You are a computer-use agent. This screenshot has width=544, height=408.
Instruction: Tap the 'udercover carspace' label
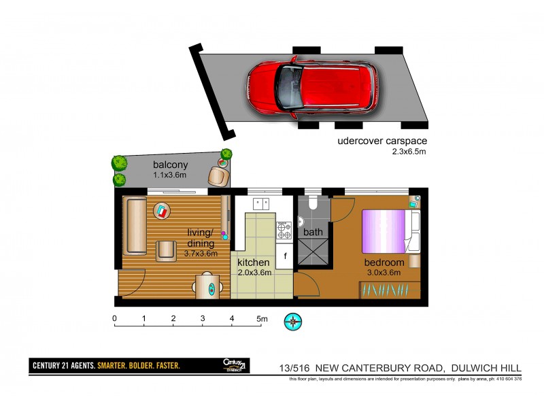coord(382,142)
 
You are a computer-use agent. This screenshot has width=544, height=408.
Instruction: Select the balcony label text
coord(170,165)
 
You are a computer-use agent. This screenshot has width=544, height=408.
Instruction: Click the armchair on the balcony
coord(218,177)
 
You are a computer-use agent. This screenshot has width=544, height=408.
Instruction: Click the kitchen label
coord(254,262)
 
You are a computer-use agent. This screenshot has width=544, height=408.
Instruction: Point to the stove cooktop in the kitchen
coord(284,230)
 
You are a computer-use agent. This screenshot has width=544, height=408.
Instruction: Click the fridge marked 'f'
coord(285,256)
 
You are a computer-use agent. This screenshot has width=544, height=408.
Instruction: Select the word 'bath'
coord(313,232)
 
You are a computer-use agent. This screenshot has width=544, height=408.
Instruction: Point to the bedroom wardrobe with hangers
coord(387,290)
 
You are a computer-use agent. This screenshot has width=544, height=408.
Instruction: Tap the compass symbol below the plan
coord(294,320)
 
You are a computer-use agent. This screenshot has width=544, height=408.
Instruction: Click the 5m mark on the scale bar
coord(262,318)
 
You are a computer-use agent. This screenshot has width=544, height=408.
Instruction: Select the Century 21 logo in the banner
coord(235,365)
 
